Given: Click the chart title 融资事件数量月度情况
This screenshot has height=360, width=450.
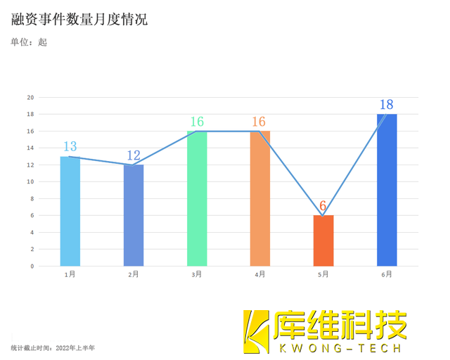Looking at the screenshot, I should coord(79,19).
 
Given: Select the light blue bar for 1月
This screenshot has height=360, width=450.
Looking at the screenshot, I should coord(70,211).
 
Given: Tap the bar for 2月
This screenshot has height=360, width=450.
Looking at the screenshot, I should coord(134,215).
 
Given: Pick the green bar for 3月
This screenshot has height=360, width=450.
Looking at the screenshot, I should coord(197,198).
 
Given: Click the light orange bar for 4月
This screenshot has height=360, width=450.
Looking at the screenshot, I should coord(260,198).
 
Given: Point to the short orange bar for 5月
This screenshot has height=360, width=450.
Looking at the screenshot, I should coord(323,240).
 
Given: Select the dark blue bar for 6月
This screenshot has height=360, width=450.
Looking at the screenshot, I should coord(387,190).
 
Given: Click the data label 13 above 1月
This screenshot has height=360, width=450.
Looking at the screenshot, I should coord(70,146).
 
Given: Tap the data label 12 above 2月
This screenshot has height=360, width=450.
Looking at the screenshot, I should coord(134,155).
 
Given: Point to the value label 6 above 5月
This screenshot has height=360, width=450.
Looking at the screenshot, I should coord(323,206).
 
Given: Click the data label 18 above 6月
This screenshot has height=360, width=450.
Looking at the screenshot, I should coord(387,105).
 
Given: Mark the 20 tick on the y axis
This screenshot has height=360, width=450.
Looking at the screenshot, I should coord(30,97).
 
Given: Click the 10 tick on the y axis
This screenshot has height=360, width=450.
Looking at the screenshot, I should coord(30,181).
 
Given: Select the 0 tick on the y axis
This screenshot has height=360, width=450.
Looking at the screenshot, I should coord(32,266).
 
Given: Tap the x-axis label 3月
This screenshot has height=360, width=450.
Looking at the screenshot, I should coord(197,275).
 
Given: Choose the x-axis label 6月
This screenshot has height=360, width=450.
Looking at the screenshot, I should coord(387,275).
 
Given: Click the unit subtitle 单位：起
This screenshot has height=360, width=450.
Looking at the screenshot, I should coord(29,42).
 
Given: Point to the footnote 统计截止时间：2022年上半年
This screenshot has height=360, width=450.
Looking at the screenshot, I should coord(53,347).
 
